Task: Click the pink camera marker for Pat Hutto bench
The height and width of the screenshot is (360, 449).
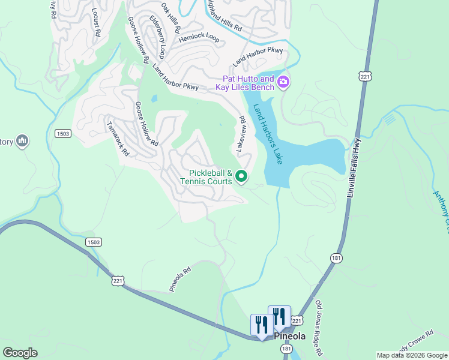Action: [283, 83]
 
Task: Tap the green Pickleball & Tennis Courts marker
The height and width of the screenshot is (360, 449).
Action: [241, 176]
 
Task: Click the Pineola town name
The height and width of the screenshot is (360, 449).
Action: [291, 336]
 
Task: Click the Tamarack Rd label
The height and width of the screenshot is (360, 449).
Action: [118, 139]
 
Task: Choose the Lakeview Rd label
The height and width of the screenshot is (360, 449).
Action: [241, 134]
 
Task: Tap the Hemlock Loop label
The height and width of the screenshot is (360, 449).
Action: [199, 37]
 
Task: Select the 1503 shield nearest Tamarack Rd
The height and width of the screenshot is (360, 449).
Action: [61, 133]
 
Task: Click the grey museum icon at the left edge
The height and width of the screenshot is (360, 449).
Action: [22, 141]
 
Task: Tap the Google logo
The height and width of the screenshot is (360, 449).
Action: [20, 352]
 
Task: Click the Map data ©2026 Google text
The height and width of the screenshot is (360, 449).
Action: [411, 355]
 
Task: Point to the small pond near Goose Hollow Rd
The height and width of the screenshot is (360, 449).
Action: [154, 99]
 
